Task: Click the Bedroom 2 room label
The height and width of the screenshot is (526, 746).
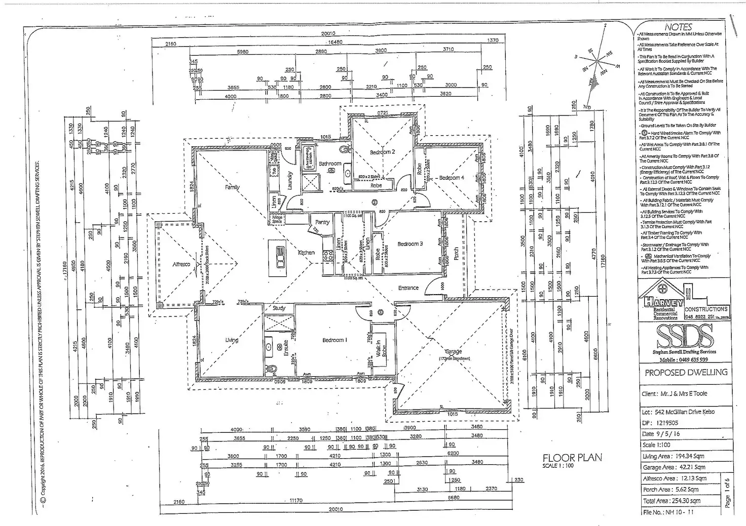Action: [382, 152]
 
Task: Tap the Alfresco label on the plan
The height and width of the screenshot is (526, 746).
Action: [181, 264]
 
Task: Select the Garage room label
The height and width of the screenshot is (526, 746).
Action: [453, 351]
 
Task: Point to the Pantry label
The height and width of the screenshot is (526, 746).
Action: [322, 222]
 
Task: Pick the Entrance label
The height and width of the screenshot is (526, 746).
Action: [408, 288]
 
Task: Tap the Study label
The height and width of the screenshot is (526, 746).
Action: [279, 308]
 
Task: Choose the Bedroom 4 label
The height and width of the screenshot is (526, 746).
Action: [451, 178]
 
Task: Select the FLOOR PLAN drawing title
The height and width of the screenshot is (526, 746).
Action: [572, 458]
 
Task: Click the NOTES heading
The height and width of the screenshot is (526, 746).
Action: [678, 27]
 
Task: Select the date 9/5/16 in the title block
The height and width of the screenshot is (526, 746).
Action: [661, 434]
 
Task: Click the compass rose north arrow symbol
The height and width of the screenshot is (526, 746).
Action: [599, 61]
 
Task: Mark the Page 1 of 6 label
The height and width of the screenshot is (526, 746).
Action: [728, 493]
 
